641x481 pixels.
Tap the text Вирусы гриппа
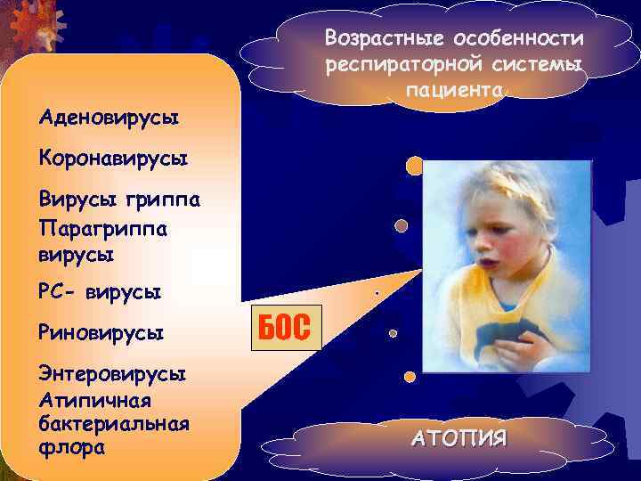click(119, 199)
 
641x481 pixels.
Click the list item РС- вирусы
click(100, 292)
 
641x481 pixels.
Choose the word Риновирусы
click(101, 333)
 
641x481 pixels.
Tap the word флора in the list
click(72, 446)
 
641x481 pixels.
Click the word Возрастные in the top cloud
click(385, 40)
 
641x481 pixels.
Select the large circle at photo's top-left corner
click(414, 166)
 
